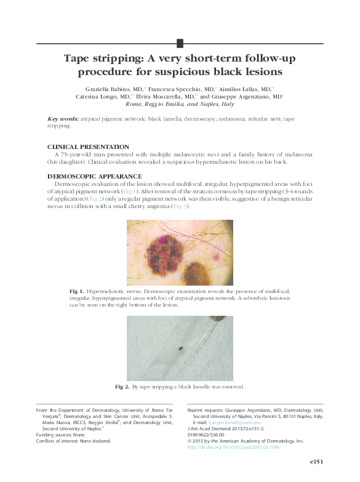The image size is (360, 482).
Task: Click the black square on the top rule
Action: pos(180,42)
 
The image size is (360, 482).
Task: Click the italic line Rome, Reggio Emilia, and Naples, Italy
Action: pos(180,105)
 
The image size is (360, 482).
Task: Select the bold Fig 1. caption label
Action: pos(76,290)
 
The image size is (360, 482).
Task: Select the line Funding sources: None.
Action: pos(58,434)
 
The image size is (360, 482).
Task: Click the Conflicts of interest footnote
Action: pos(73,441)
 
